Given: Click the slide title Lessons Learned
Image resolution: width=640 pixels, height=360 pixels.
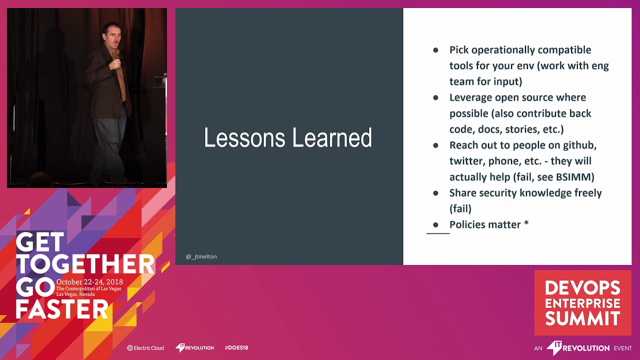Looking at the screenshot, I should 288,138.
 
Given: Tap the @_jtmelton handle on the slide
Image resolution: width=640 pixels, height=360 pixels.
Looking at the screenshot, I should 201,256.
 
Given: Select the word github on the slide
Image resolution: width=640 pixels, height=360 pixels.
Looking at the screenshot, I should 579,145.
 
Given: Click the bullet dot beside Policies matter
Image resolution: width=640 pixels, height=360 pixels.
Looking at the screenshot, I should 435,224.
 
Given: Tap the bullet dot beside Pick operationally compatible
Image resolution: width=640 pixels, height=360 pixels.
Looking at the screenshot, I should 435,50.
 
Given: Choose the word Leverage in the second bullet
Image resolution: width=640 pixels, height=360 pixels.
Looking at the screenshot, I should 470,97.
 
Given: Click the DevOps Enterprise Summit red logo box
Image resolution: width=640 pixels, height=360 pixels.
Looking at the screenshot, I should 582,302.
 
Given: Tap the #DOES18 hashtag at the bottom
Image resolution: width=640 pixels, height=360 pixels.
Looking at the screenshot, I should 236,347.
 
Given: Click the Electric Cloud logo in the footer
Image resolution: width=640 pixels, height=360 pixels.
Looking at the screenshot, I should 145,347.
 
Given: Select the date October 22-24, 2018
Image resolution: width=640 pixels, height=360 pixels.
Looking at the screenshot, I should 89,282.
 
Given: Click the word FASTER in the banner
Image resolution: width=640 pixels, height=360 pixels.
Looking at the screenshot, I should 62,309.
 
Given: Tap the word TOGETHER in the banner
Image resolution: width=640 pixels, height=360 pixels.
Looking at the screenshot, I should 85,264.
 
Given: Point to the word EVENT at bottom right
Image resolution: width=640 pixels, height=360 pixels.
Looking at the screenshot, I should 623,348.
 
